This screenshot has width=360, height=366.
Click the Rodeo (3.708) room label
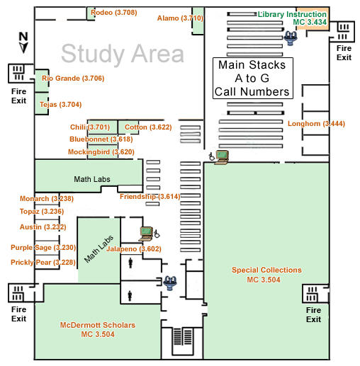114,12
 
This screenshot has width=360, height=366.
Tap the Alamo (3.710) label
180,18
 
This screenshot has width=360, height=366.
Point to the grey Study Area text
123,54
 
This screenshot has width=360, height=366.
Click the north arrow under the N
23,48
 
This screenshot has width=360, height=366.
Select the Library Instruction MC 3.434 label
292,18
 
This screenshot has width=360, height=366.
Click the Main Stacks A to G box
253,78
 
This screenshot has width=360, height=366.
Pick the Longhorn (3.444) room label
316,124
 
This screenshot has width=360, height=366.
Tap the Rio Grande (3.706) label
73,79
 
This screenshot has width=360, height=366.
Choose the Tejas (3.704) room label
60,105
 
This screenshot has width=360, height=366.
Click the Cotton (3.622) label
148,127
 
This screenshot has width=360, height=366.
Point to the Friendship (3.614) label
150,197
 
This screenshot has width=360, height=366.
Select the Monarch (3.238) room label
47,199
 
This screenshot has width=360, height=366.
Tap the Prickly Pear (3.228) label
43,263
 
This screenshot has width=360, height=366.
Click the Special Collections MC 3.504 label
266,275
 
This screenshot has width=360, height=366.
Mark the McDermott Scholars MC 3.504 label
98,330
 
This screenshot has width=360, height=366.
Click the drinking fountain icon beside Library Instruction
291,38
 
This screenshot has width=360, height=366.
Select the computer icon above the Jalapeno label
146,234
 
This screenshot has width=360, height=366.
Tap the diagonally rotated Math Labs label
99,249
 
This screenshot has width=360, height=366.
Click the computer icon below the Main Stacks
222,157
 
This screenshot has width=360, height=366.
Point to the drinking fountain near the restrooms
170,283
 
